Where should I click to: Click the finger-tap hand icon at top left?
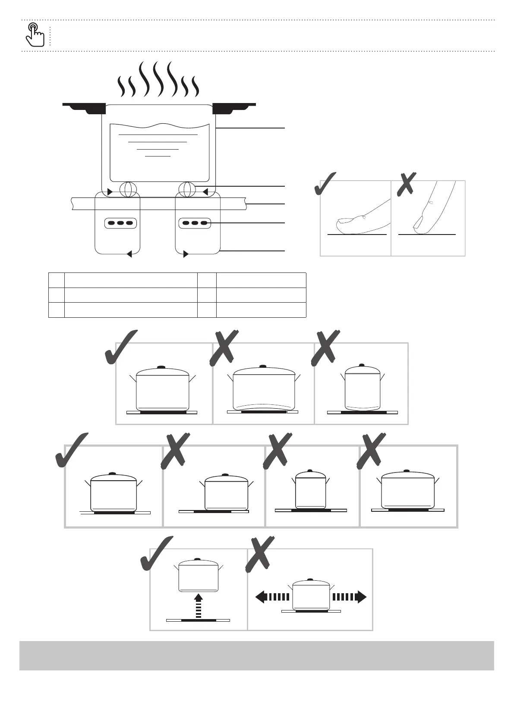pos(35,34)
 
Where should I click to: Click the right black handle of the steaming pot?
pos(233,107)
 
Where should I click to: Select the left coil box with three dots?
pos(121,223)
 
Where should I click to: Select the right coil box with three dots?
pos(195,223)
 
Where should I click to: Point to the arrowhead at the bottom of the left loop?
pos(129,254)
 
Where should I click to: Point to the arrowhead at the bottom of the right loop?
pos(186,254)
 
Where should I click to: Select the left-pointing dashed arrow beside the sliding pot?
pos(272,597)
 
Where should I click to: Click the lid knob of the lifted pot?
pos(198,559)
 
